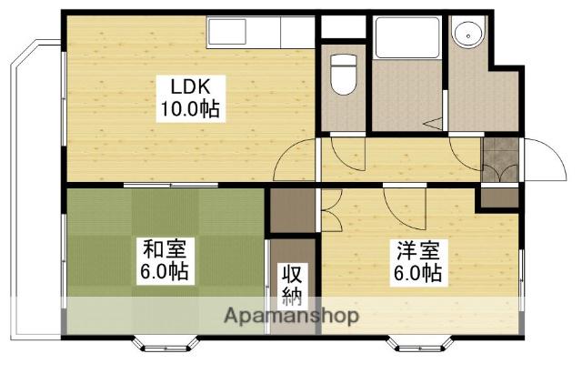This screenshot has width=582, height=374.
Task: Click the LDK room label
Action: pyautogui.click(x=191, y=88)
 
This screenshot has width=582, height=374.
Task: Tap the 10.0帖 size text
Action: pyautogui.click(x=191, y=109)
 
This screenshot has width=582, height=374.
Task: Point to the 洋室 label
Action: pyautogui.click(x=416, y=248)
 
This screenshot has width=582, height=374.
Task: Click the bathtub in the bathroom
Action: pyautogui.click(x=407, y=40)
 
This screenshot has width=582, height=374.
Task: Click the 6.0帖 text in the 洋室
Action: pyautogui.click(x=416, y=271)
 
